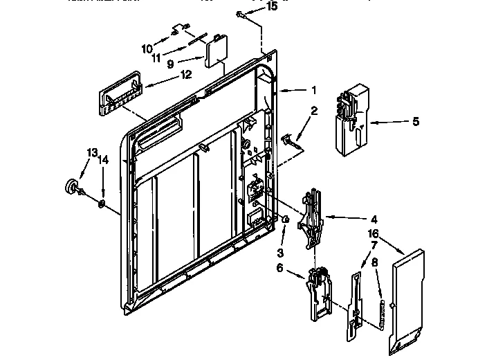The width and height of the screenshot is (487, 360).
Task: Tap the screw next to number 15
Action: click(x=239, y=14)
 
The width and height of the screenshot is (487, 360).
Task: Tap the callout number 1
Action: click(x=313, y=89)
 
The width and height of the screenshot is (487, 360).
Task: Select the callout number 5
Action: click(x=415, y=122)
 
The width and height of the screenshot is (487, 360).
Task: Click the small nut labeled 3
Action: click(x=284, y=219)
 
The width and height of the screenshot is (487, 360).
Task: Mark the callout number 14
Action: click(x=103, y=160)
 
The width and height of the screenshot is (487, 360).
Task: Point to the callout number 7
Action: click(x=374, y=246)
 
